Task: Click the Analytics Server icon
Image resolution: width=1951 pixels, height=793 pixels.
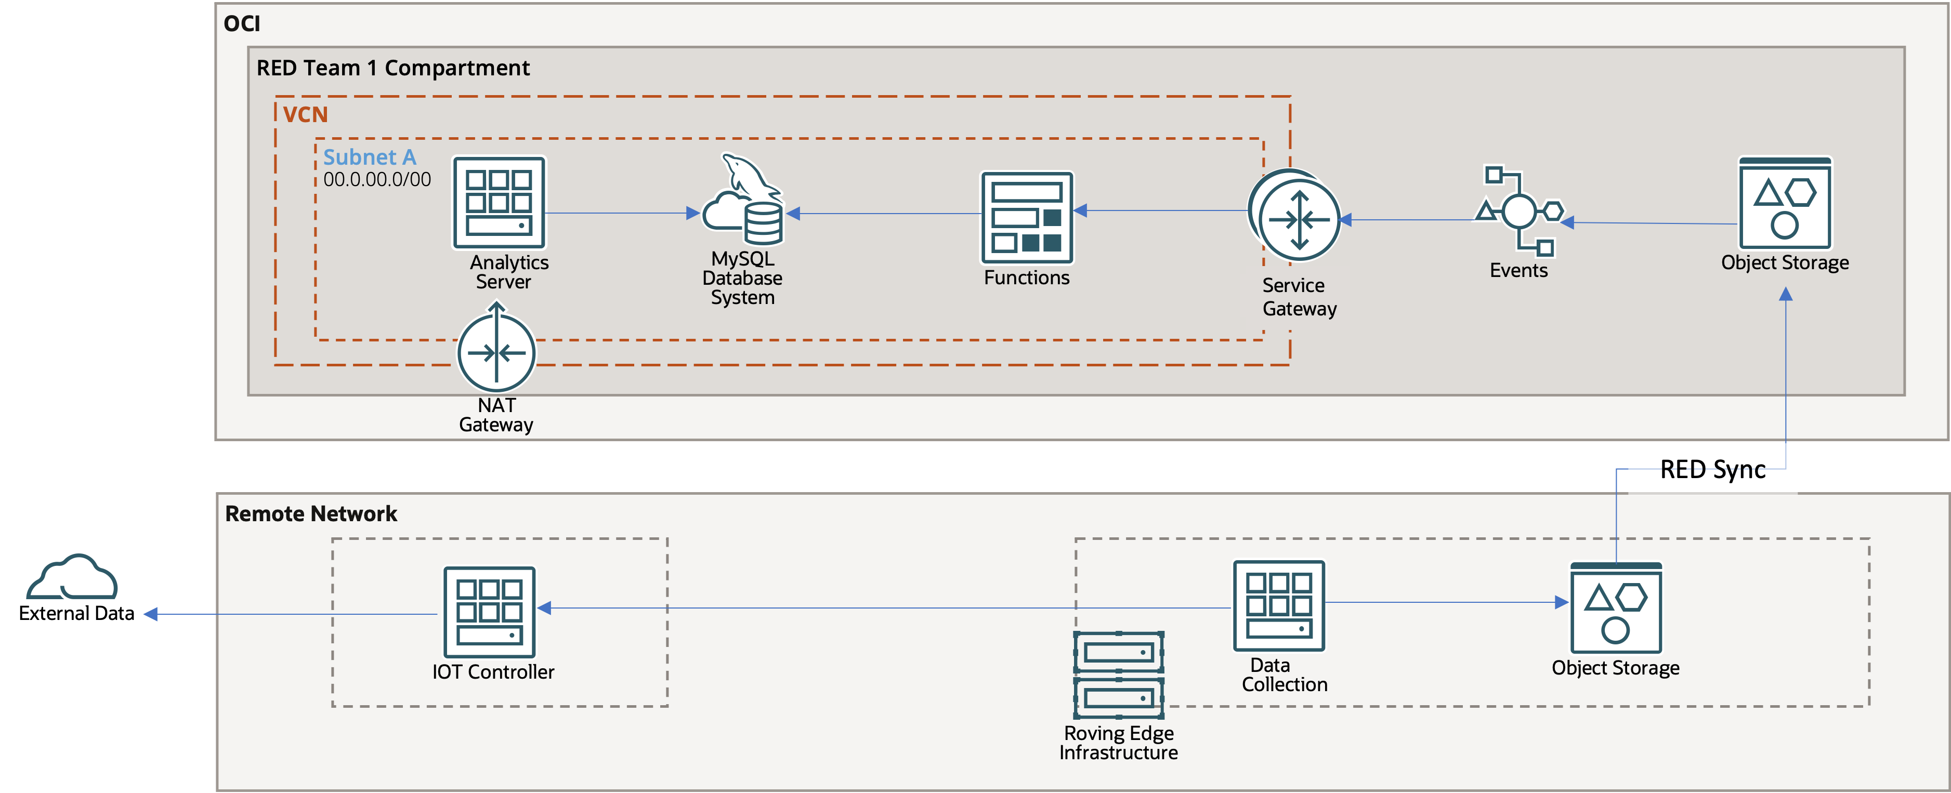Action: click(x=499, y=203)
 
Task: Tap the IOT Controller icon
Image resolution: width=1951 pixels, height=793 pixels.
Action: click(x=489, y=612)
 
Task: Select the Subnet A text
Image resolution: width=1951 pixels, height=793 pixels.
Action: click(x=370, y=157)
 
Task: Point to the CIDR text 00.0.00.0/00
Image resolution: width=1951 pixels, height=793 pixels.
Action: click(x=377, y=179)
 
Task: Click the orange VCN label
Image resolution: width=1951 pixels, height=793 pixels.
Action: click(x=305, y=114)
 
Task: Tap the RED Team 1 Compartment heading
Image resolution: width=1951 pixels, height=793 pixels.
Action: click(x=393, y=68)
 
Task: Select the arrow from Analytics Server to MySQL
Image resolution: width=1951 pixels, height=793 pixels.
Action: click(x=621, y=214)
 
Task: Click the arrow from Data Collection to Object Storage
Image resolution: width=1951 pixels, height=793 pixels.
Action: click(x=1447, y=602)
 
